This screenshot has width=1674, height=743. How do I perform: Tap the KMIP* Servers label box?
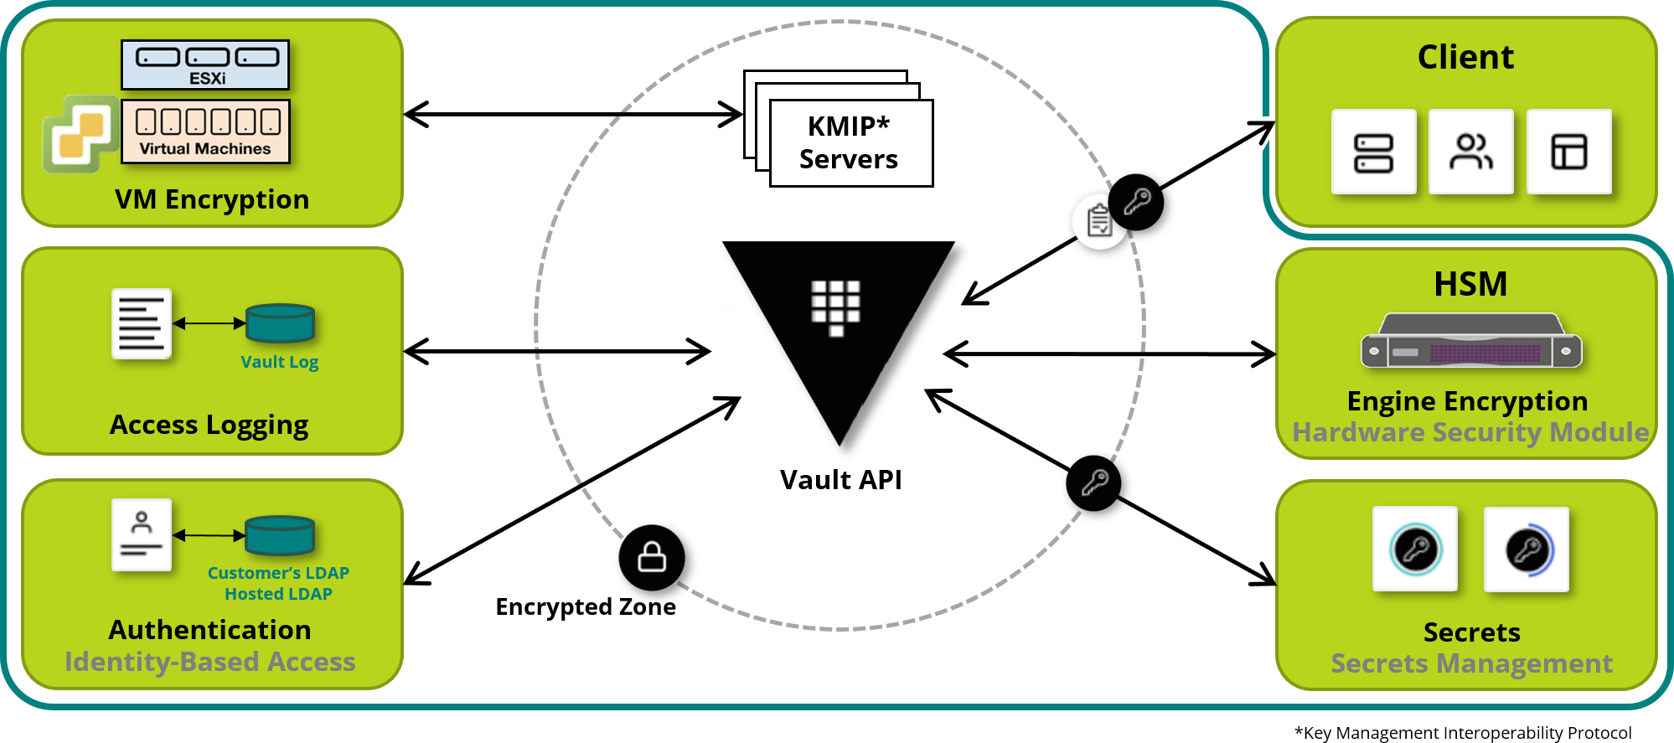[850, 143]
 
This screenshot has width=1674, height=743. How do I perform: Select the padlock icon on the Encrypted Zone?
[652, 557]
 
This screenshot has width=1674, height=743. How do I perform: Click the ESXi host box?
[205, 64]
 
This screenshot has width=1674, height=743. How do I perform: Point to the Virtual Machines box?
[205, 131]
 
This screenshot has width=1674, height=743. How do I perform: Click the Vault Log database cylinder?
[280, 323]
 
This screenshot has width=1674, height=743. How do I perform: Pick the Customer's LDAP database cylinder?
[280, 535]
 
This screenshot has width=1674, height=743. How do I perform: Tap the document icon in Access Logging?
[142, 323]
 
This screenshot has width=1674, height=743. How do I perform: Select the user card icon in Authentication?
[142, 535]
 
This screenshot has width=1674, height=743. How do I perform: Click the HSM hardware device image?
[1471, 342]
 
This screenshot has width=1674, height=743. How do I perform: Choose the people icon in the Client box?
[1470, 152]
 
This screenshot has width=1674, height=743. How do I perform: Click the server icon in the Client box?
[1373, 152]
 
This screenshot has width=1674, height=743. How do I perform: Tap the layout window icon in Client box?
[1568, 152]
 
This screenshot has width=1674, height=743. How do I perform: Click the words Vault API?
[840, 480]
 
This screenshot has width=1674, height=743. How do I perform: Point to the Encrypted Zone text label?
[586, 606]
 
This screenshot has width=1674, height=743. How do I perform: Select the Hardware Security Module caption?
[1470, 432]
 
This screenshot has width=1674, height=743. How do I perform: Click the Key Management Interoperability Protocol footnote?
[1463, 733]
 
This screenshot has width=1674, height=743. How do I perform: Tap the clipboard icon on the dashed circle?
[1098, 222]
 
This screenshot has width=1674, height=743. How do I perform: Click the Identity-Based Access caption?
[210, 662]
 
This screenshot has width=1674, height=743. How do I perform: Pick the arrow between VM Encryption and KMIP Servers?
[573, 114]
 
